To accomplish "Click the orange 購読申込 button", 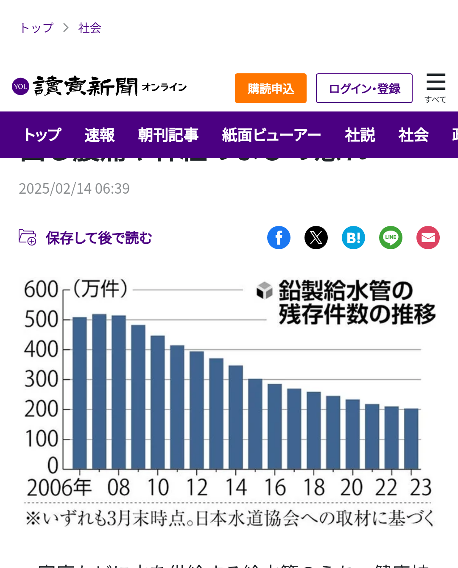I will coord(271,88).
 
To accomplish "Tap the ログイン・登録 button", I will coord(364,88).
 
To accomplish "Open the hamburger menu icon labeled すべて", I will coord(436,87).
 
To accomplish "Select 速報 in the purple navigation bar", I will coord(100,135).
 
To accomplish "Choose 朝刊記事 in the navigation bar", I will coord(168,135).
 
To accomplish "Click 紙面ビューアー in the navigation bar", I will coord(271,135).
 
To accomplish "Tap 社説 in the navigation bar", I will coord(360,135).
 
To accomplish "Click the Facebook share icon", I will coord(279,237).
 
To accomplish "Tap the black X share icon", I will coord(316,237).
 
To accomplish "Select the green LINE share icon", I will coord(391,237).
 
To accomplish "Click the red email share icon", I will coord(428,237).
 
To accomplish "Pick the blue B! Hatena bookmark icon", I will coord(353,237).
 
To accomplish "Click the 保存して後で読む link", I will coord(98,238).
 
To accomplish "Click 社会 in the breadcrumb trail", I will coord(89,28).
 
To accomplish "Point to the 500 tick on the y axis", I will coord(41,320).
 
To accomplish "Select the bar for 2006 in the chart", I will coord(80,393).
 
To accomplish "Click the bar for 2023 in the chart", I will coord(411,438).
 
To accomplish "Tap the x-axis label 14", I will coord(236,487).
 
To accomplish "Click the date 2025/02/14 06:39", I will coord(74,189).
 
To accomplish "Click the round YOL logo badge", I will coord(20,86).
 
